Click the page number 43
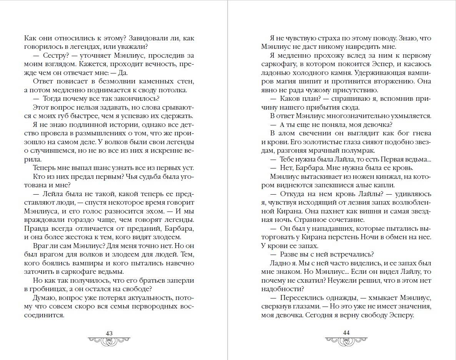click(109, 333)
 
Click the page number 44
click(346, 333)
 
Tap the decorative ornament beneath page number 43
click(109, 341)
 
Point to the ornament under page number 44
click(346, 341)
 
